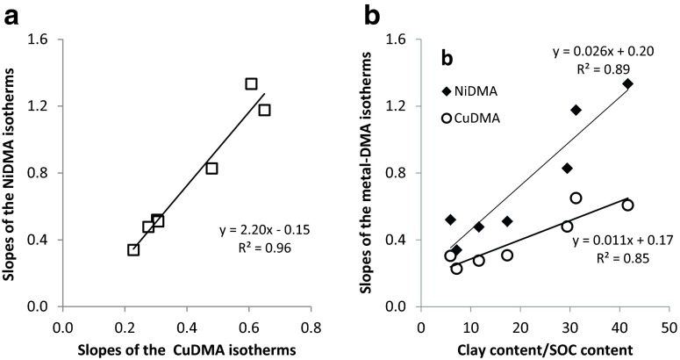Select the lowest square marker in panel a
133,249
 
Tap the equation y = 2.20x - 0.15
261,231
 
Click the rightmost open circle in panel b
627,205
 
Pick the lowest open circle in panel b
456,269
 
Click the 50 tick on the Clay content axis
668,326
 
